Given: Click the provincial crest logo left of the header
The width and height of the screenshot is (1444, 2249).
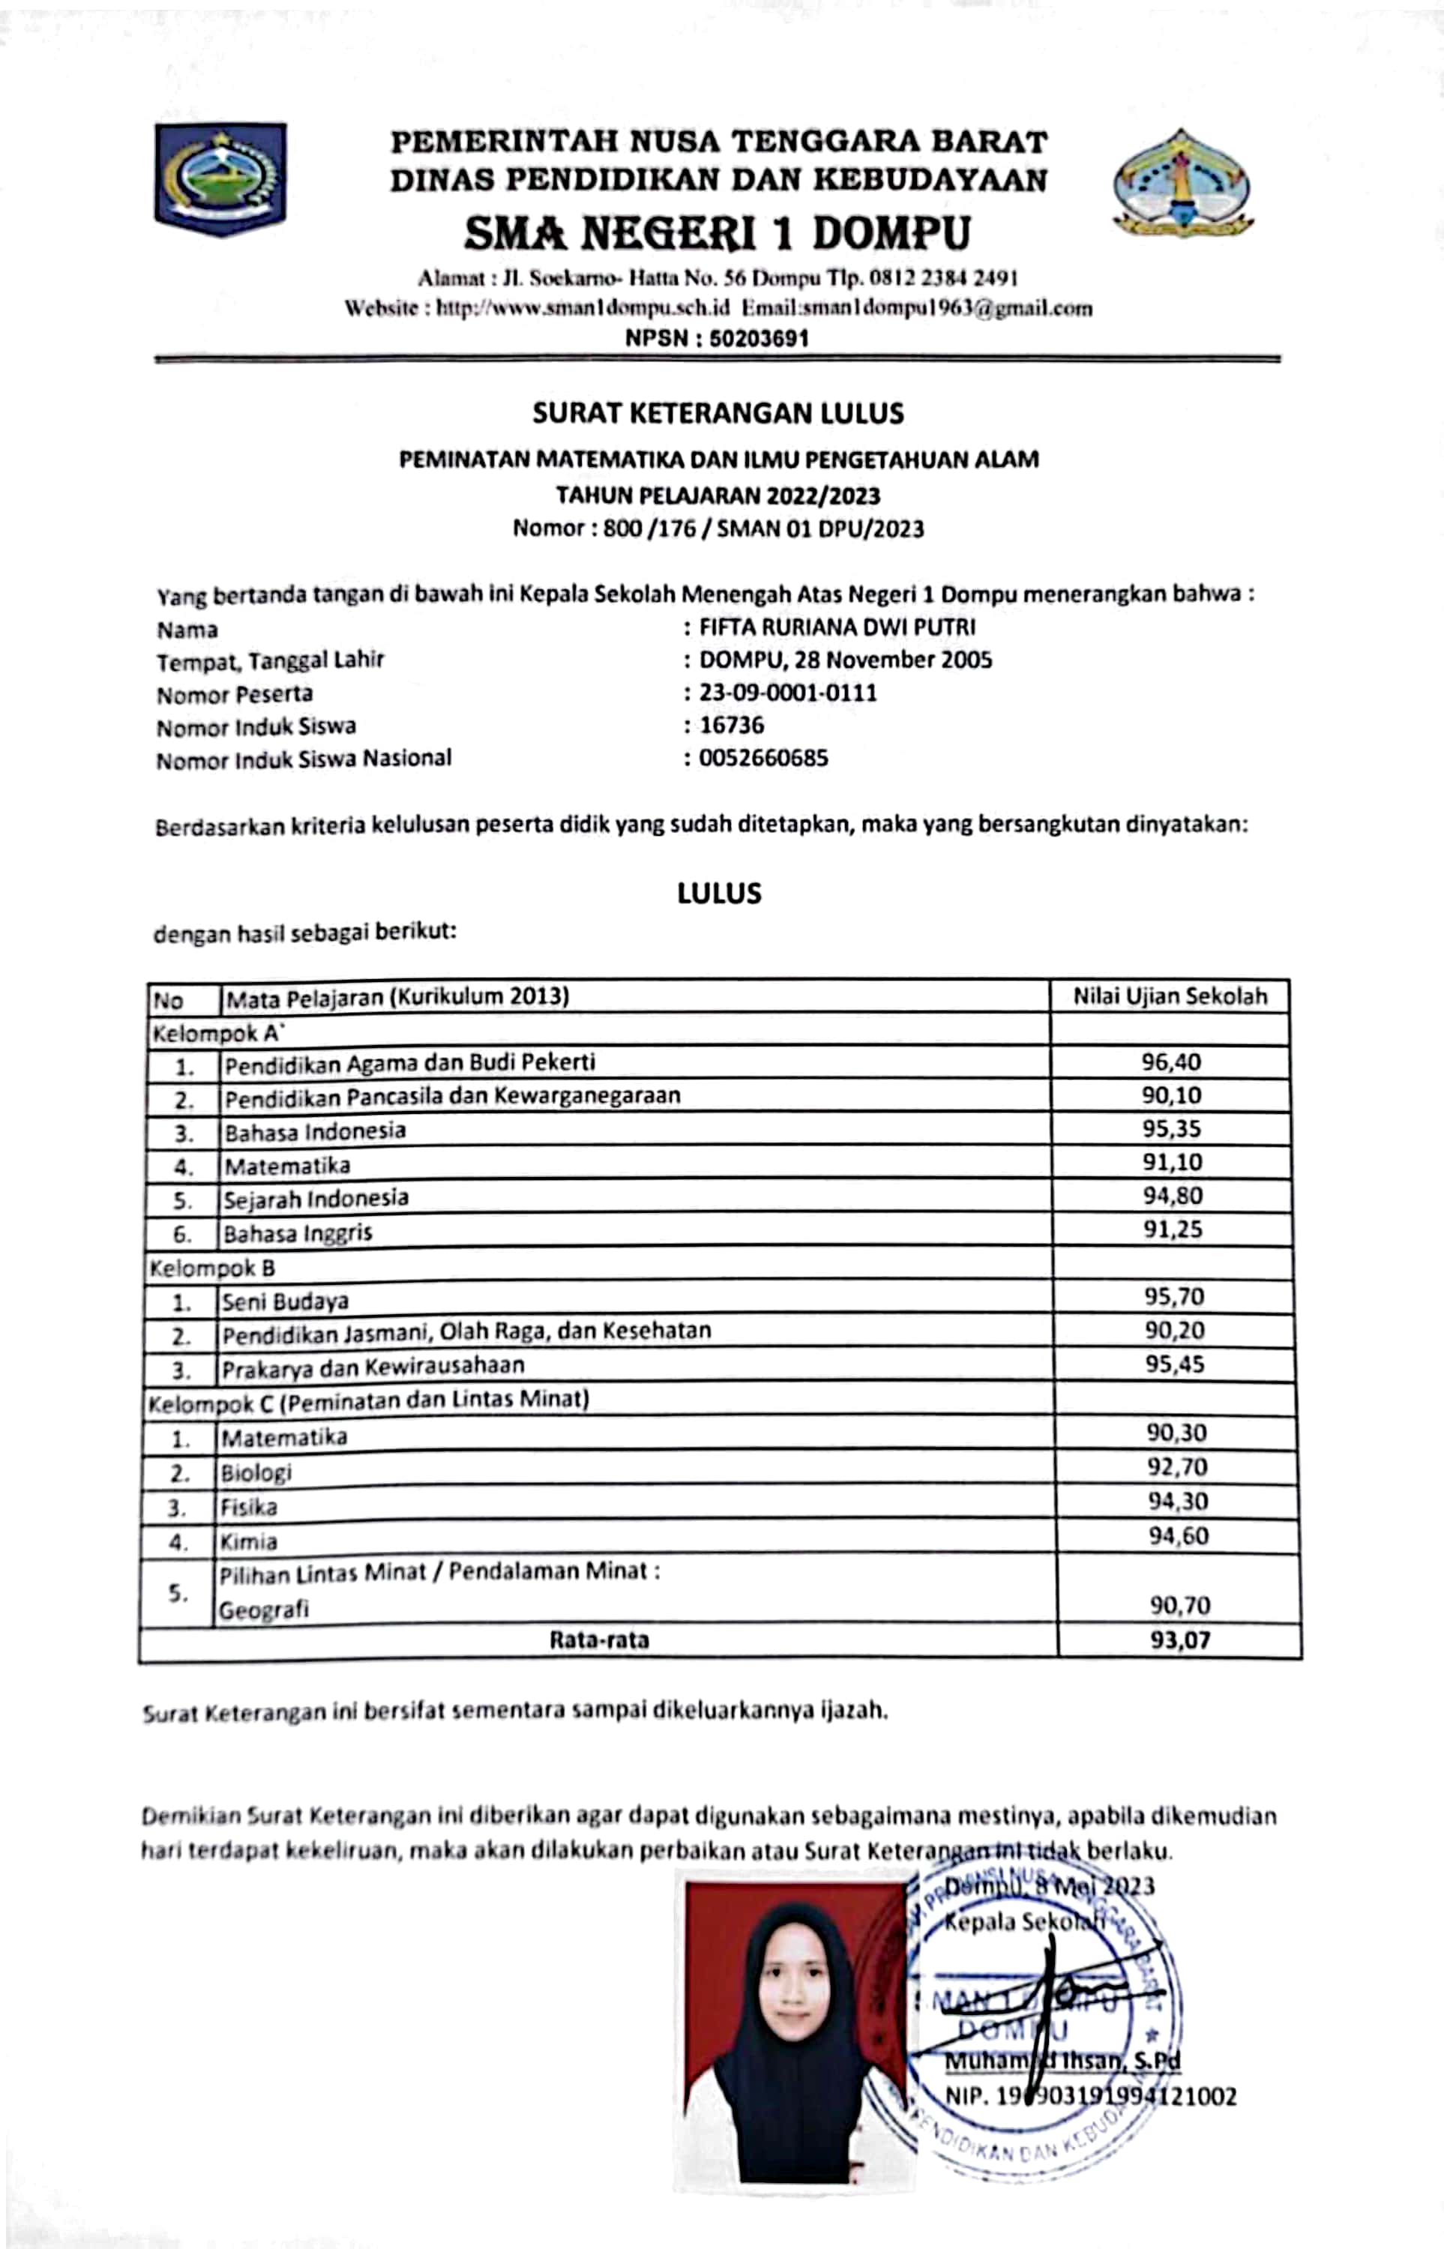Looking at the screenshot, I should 220,178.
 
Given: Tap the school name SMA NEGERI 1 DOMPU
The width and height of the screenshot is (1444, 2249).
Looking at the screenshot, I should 718,232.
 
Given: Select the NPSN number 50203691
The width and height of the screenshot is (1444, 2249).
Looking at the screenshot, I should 759,337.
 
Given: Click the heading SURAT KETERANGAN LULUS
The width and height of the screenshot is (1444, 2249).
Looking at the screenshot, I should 718,413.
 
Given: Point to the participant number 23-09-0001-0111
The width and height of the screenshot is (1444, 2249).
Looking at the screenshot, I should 788,693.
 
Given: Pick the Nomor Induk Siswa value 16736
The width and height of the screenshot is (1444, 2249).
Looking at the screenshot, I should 732,725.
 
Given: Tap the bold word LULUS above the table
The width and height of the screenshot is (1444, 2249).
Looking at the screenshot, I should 719,892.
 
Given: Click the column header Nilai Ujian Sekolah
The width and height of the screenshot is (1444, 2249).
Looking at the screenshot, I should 1170,996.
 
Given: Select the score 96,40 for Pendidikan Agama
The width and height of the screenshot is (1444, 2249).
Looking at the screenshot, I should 1171,1062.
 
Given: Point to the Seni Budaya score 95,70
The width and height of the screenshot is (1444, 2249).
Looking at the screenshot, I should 1174,1296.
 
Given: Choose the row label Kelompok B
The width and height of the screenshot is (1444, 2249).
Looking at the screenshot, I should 212,1268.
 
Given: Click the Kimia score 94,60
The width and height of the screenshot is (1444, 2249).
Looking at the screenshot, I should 1179,1535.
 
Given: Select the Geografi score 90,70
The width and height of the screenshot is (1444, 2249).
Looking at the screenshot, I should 1179,1605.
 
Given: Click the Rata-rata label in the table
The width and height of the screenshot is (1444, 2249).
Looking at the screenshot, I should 598,1640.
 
